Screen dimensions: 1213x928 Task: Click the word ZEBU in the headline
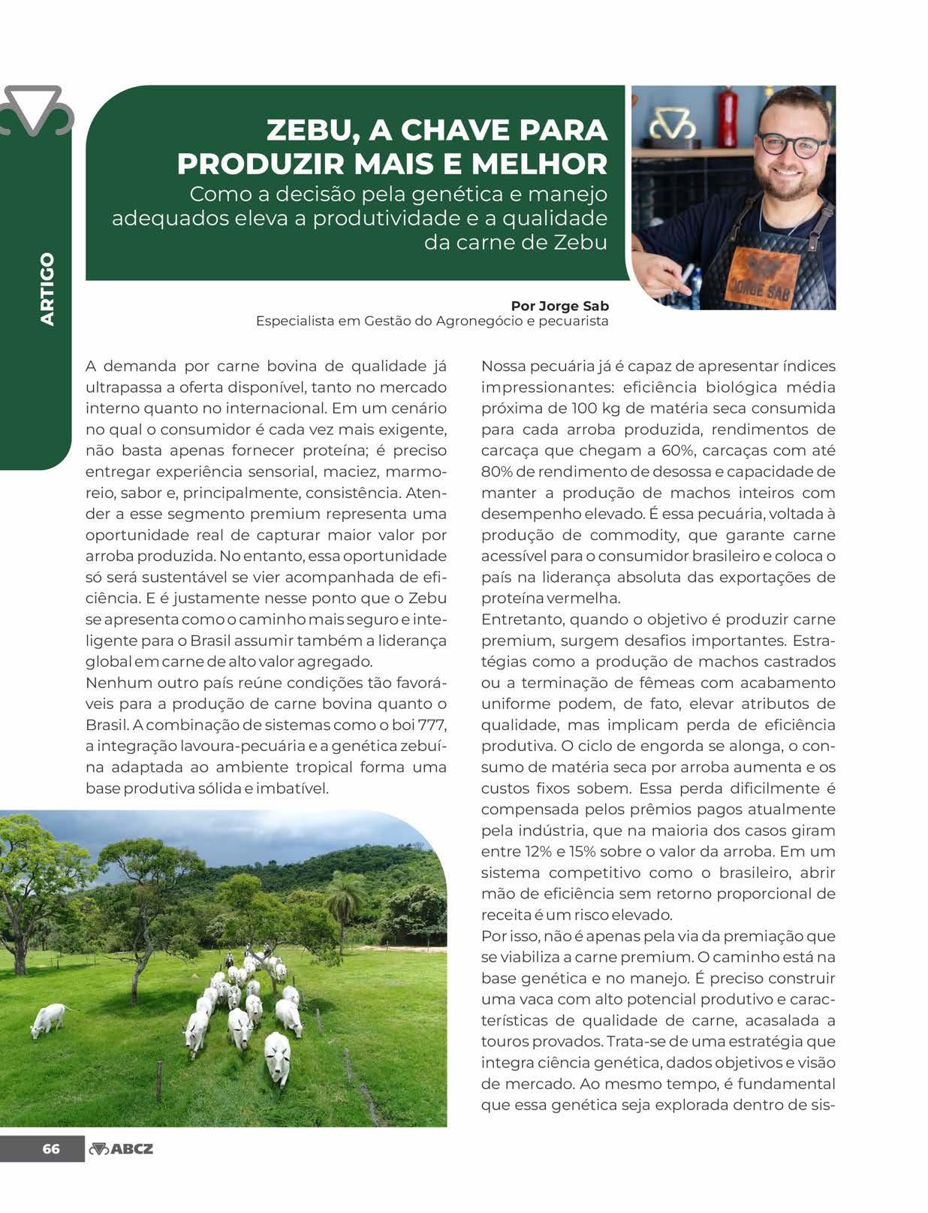[309, 131]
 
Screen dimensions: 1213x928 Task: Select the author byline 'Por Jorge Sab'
[559, 306]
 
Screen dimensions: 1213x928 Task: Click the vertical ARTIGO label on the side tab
[48, 288]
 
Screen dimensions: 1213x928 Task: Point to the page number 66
[51, 1148]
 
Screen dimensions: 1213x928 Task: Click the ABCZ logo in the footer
[121, 1148]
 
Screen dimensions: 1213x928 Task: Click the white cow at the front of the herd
[277, 1055]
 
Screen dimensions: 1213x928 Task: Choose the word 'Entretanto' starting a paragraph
[522, 620]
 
